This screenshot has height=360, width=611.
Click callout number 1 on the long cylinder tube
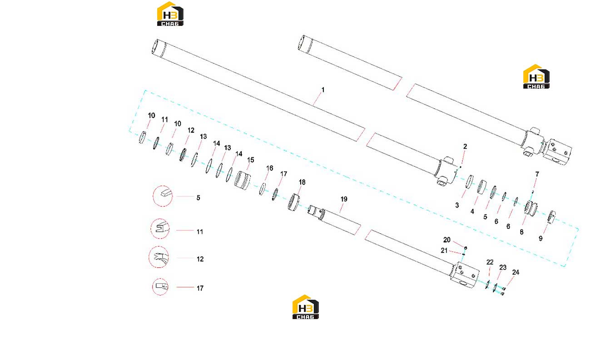[x=323, y=90]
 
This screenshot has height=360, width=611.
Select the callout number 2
[x=465, y=146]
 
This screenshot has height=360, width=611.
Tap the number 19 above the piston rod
[x=344, y=199]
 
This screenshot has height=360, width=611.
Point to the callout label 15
[x=251, y=160]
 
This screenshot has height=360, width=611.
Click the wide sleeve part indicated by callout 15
[x=242, y=180]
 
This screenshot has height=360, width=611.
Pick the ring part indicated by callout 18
[x=293, y=202]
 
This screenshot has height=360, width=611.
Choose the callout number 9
[x=541, y=239]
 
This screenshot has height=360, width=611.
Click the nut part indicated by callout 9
[x=551, y=217]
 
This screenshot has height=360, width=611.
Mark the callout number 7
[x=537, y=174]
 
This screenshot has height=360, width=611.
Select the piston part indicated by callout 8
[x=531, y=208]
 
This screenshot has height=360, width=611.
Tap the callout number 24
[x=516, y=272]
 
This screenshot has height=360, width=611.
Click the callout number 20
[x=447, y=240]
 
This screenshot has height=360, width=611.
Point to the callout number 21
[x=444, y=250]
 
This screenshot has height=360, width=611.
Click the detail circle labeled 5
[x=163, y=196]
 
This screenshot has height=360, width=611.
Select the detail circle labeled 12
[x=159, y=257]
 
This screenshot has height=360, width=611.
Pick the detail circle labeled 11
[x=160, y=229]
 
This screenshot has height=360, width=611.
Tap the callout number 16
[x=270, y=168]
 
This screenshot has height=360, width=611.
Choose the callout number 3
[x=457, y=205]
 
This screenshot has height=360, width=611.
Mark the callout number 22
[x=490, y=262]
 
